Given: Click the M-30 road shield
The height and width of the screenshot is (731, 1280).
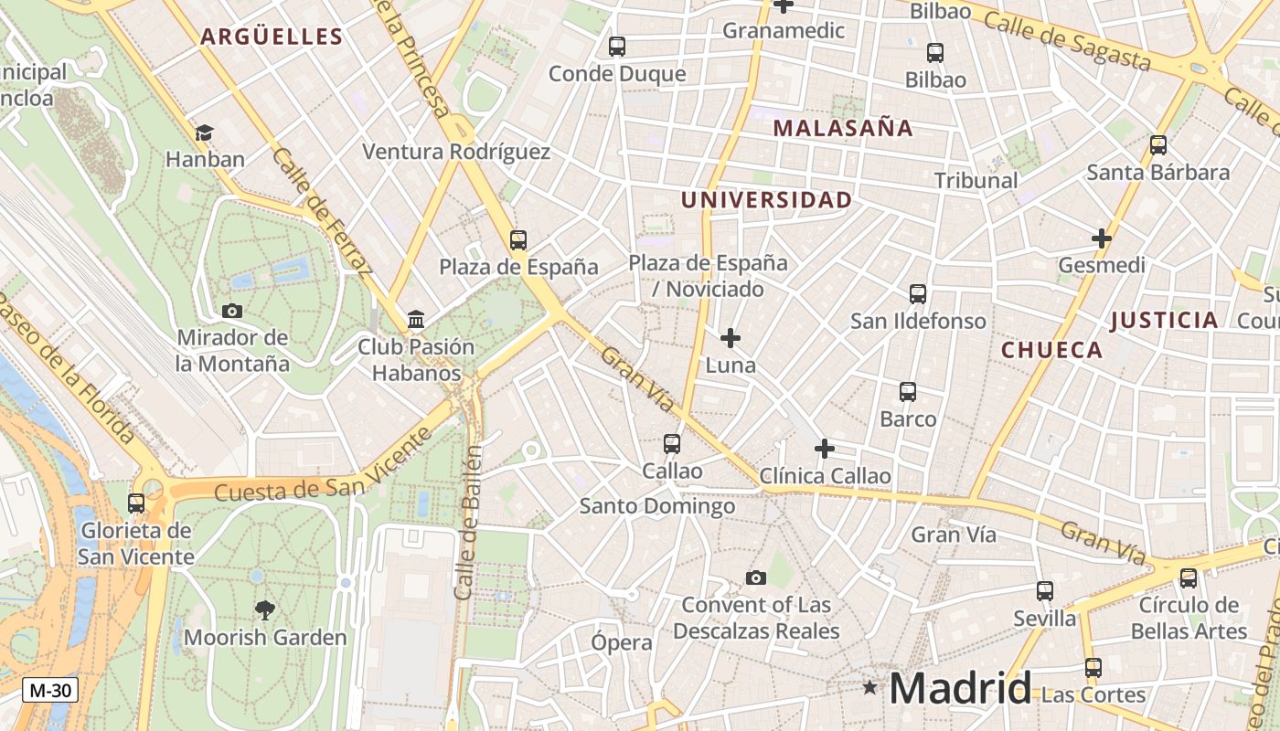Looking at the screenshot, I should [49, 691].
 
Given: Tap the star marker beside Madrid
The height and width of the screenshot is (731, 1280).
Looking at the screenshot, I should [869, 686].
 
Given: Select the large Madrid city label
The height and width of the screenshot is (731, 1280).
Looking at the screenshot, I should [960, 688].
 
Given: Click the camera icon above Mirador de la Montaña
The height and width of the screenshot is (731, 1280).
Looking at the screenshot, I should [232, 311].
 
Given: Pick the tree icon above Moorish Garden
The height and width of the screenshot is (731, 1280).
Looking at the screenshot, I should [265, 609].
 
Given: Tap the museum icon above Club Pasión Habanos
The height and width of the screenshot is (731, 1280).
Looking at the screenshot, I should [416, 320].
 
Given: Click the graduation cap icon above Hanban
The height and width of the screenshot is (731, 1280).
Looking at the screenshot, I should [204, 133].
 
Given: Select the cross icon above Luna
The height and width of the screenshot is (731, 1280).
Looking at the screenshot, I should [730, 339].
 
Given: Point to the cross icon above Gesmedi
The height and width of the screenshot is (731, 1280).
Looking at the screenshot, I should [1101, 239].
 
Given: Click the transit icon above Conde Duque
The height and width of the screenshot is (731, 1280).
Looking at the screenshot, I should [617, 47].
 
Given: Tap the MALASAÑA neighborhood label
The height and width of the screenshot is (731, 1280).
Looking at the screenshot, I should [843, 128].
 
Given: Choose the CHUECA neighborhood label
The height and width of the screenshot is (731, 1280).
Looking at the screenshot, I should [1051, 350].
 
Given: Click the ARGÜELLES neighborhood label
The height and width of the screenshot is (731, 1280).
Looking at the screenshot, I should [271, 37].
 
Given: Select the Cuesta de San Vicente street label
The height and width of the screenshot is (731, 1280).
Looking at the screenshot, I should [323, 466].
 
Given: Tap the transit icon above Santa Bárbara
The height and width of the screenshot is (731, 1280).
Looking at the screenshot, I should [1157, 145].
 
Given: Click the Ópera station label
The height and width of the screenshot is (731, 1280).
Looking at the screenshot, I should [622, 642].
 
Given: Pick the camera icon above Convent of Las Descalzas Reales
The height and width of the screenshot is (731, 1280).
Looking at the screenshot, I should [755, 577].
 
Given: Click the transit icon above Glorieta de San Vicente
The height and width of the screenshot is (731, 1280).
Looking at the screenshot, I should [136, 503].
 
